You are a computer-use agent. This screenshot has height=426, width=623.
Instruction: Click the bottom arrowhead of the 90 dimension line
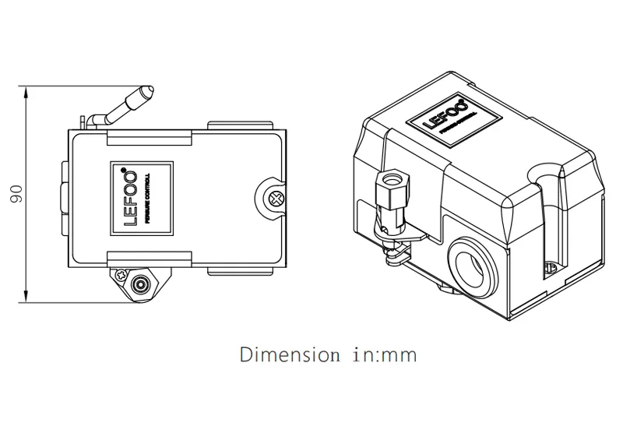coord(29,298)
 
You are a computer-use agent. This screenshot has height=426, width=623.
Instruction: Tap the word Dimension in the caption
coord(280,356)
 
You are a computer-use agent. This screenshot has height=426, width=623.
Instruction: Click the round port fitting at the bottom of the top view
coord(141,285)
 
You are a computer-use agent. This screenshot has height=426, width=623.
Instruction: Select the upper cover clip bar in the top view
coord(150,138)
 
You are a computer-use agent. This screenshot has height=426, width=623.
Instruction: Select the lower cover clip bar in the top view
coord(150,257)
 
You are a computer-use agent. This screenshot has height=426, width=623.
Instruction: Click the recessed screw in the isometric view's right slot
coord(551,269)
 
